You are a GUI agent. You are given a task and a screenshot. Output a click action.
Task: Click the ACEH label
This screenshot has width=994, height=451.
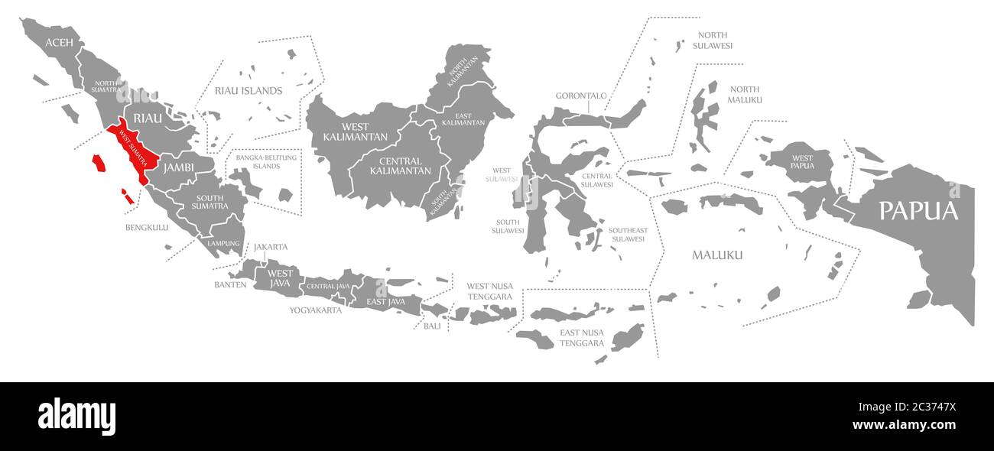click(x=60, y=43)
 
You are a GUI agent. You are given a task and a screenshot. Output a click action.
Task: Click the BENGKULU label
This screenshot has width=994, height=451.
click(x=147, y=227)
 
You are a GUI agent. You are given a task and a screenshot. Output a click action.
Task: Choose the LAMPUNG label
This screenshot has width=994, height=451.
click(x=223, y=243)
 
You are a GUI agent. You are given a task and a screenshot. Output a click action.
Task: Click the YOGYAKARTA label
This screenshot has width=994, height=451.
click(x=315, y=310)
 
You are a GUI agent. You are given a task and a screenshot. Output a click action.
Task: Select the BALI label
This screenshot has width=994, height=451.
click(x=432, y=326)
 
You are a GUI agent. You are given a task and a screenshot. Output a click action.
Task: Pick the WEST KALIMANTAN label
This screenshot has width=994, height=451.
click(x=345, y=131)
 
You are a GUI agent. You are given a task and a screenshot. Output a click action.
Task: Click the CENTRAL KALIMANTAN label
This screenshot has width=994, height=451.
click(x=400, y=166)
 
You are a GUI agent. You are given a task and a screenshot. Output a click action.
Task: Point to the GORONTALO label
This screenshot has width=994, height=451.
click(x=580, y=96)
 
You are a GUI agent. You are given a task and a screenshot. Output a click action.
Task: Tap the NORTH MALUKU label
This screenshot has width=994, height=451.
click(x=744, y=95)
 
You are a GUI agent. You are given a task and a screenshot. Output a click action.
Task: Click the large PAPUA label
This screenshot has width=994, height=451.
click(x=918, y=211)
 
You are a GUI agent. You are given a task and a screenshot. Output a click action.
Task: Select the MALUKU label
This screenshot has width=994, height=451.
click(x=717, y=255)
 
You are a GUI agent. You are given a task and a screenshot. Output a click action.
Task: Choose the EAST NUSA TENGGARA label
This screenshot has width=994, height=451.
click(x=582, y=338)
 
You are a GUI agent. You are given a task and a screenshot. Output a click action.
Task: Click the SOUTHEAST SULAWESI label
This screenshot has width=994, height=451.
click(x=628, y=235)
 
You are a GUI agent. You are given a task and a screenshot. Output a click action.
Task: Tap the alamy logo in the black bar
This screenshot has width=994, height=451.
click(x=76, y=417)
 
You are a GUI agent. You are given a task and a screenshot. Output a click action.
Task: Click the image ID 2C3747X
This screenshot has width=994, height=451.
click(x=916, y=407)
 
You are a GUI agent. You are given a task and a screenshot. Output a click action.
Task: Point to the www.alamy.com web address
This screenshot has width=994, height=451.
click(x=904, y=425)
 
